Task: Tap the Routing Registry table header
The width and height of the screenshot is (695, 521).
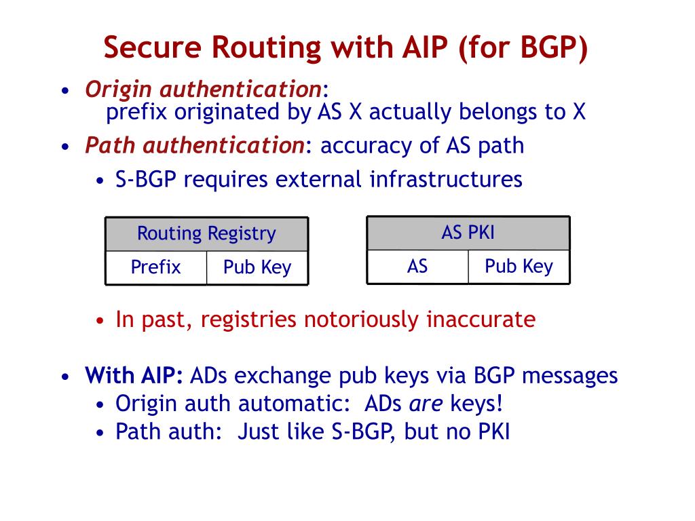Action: coord(206,234)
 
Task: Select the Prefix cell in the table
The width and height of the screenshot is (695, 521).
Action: coord(155,267)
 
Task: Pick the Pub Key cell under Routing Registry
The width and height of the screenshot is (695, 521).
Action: coord(257,267)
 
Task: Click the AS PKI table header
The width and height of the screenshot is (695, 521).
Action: coord(468,233)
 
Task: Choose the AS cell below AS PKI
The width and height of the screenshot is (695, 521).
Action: coord(417,266)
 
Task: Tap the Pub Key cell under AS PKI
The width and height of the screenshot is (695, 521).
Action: coord(519,266)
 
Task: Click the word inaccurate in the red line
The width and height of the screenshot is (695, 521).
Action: coord(481,320)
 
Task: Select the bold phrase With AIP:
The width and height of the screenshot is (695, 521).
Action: coord(134,375)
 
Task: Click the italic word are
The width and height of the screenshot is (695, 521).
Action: coord(426,404)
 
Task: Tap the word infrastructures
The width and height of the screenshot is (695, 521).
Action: coord(446,180)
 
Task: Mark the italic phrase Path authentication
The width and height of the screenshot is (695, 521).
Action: coord(194,145)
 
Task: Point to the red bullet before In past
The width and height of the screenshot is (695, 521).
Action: coord(100,321)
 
